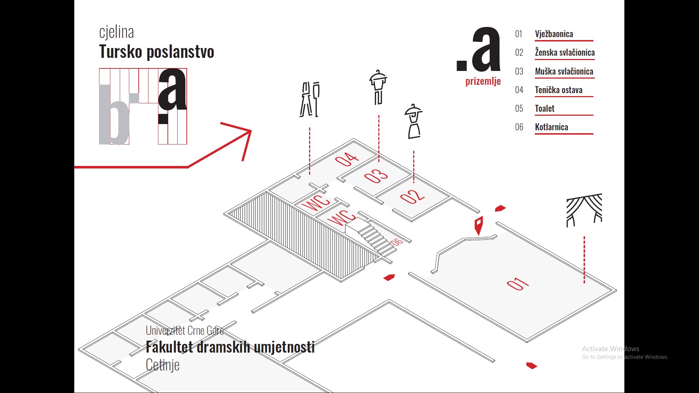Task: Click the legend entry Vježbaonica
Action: (554, 34)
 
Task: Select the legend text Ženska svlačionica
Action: (565, 52)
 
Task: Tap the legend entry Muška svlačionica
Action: (564, 71)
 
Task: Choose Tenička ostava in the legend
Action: (558, 90)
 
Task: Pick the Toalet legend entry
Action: (545, 108)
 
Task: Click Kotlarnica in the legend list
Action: (551, 127)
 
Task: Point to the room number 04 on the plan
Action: (347, 159)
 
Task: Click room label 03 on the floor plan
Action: (376, 176)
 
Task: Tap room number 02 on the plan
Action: (412, 196)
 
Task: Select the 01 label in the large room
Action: (518, 284)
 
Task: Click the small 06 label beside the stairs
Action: (396, 242)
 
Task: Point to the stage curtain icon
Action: (584, 210)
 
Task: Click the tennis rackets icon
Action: (310, 100)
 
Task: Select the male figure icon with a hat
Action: (378, 87)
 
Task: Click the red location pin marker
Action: (479, 225)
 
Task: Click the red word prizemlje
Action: (483, 81)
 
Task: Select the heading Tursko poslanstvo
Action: (157, 52)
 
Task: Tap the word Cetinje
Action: (162, 365)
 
